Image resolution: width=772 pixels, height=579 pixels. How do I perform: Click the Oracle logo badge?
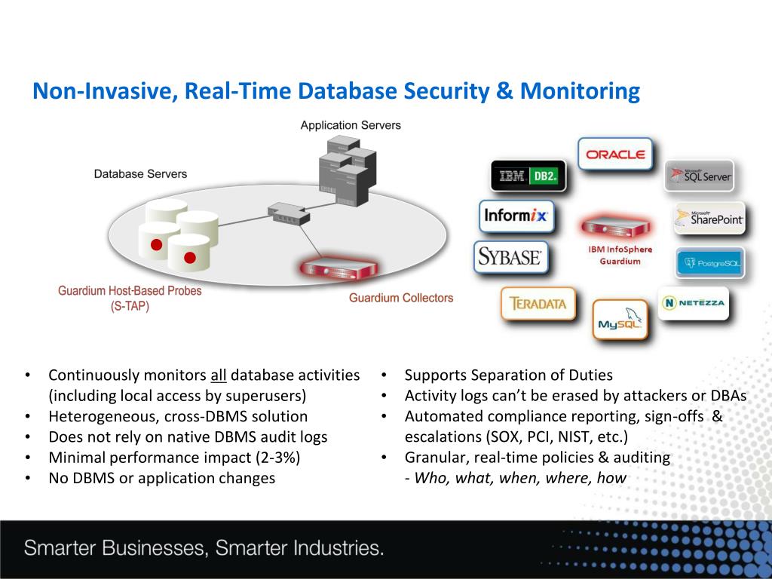click(615, 155)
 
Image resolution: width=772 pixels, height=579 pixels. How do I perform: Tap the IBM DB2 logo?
click(527, 176)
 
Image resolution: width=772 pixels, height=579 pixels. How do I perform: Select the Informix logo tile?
click(516, 216)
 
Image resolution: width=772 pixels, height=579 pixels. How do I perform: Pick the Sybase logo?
click(510, 257)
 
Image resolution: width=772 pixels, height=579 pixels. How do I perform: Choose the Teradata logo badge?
click(538, 305)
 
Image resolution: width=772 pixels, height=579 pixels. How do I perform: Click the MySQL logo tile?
click(620, 320)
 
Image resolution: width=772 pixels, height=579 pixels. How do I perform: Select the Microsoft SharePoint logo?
click(709, 219)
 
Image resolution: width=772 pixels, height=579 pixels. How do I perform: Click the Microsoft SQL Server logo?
click(699, 176)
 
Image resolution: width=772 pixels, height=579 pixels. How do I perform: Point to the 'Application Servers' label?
click(351, 125)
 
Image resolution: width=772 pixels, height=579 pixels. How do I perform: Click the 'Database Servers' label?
click(140, 174)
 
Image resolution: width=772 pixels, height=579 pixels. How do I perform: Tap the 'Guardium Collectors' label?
click(401, 298)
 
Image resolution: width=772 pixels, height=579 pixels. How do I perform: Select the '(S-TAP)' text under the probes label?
click(130, 306)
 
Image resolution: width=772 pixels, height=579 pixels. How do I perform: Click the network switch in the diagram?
click(288, 213)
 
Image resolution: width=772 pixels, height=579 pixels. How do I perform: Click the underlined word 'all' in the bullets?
click(218, 375)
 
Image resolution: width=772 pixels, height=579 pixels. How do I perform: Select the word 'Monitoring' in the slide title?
click(579, 92)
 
